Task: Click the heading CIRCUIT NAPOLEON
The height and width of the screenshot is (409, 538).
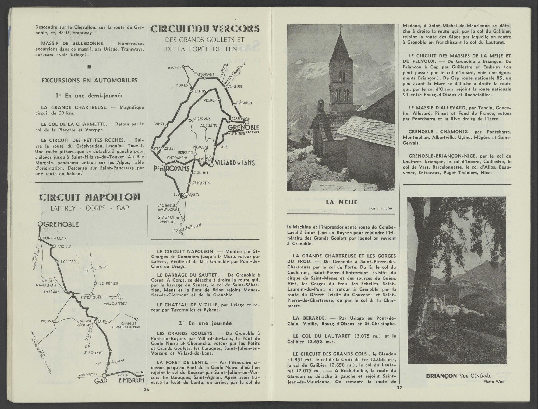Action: pyautogui.click(x=90, y=197)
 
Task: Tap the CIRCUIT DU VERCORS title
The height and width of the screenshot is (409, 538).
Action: pyautogui.click(x=205, y=29)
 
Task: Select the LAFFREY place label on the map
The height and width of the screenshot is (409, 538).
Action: pyautogui.click(x=68, y=261)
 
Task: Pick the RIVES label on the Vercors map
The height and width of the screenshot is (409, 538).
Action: pyautogui.click(x=174, y=68)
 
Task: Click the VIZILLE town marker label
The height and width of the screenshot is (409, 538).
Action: pyautogui.click(x=65, y=246)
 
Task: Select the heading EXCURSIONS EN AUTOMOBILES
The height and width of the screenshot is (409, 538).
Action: pyautogui.click(x=90, y=80)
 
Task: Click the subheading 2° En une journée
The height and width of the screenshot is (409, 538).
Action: pyautogui.click(x=205, y=323)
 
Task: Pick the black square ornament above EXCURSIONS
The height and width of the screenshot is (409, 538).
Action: pyautogui.click(x=90, y=67)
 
